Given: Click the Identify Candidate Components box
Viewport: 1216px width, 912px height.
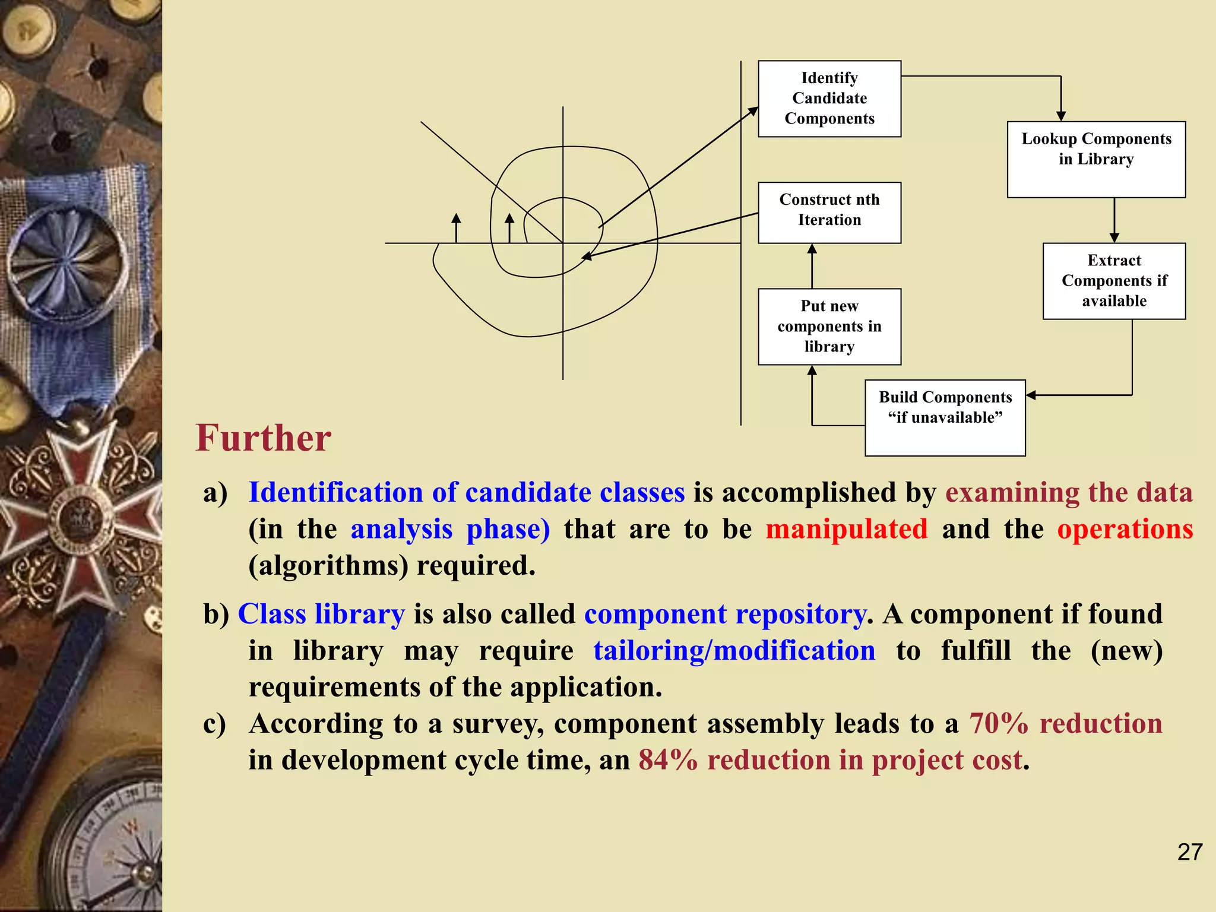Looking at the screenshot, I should click(x=829, y=99).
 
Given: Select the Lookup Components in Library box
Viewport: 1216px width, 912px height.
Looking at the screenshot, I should click(x=1095, y=159).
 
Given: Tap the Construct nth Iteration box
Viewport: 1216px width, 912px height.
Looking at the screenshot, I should click(x=829, y=212).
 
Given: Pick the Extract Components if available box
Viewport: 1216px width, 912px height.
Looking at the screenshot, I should click(x=1114, y=281).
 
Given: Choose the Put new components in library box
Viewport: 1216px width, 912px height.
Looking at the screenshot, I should click(x=829, y=327).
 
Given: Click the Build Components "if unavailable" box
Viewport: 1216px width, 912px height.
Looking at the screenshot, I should click(x=945, y=417).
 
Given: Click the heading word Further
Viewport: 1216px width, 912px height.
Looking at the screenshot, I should click(x=263, y=438).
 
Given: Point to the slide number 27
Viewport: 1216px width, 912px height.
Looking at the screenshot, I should click(x=1189, y=852).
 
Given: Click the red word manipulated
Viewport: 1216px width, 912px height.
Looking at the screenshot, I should click(x=846, y=529).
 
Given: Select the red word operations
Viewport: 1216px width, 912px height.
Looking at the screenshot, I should click(x=1125, y=529).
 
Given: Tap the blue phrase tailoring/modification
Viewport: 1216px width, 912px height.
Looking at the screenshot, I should click(x=734, y=651).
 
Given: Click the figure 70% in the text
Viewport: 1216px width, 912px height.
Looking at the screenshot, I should click(x=998, y=724).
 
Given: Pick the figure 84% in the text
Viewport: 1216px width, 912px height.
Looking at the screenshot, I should click(x=668, y=760).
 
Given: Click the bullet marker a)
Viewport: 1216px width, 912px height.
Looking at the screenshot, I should click(x=215, y=493).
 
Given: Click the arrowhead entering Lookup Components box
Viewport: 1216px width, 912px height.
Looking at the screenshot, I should click(x=1061, y=116).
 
